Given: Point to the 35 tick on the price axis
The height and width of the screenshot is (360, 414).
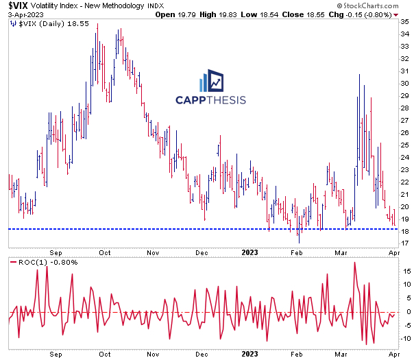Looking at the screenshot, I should [x=405, y=21].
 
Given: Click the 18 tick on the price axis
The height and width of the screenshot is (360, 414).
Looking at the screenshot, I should [x=405, y=232].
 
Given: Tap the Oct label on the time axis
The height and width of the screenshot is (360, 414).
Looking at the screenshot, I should [x=106, y=252].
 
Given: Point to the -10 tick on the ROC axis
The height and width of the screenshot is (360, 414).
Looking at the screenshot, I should [x=406, y=338].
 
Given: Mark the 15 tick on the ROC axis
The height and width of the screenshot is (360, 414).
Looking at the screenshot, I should [x=405, y=271].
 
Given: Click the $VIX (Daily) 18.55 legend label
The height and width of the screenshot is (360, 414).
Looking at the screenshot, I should [x=42, y=23].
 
